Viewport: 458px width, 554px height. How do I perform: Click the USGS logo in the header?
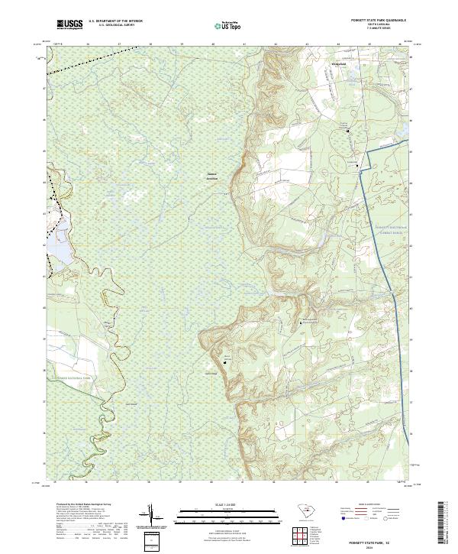[69, 25]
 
